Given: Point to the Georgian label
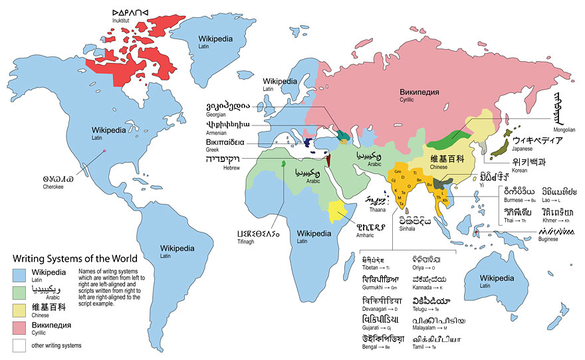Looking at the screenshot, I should coord(219,114).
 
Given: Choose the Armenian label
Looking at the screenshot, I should coord(221,133).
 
